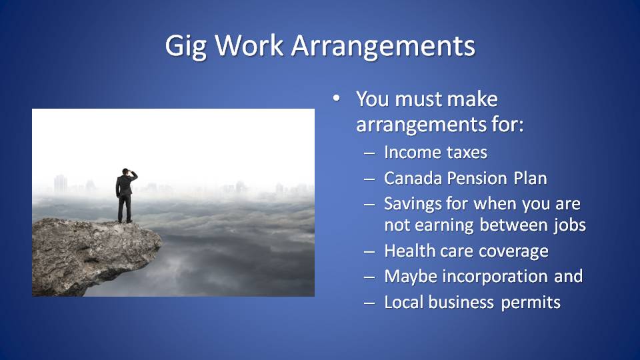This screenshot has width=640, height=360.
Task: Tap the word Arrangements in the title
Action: pos(383,47)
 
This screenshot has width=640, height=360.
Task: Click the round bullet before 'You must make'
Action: pos(336,99)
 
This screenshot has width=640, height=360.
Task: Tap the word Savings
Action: pos(412,204)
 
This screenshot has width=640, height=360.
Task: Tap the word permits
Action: pos(531,303)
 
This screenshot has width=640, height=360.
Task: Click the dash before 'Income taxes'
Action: pos(369,154)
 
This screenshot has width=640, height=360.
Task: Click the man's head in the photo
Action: pos(126,171)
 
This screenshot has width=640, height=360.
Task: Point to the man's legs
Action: pos(125,209)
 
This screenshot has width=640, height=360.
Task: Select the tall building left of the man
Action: pos(61,184)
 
